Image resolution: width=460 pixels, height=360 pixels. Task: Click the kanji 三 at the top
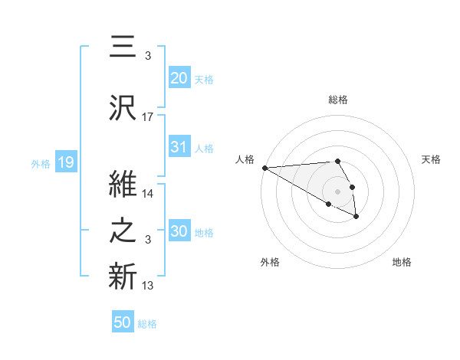coord(123,49)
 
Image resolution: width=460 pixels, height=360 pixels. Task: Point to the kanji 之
coord(123,231)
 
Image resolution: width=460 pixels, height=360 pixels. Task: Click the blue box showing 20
coord(179,77)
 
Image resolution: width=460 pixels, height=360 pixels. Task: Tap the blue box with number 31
coord(179,147)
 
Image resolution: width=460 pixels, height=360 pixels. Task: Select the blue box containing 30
coord(179,231)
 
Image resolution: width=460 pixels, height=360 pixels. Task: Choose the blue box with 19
coord(65,162)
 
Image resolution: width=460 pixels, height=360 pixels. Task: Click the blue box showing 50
coord(123,322)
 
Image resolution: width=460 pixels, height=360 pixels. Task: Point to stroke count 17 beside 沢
coord(148,117)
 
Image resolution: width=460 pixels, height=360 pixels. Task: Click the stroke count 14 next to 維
coord(148,194)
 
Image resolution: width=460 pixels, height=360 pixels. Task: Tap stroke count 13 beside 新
coord(148,286)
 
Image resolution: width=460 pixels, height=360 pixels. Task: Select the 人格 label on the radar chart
coord(245,159)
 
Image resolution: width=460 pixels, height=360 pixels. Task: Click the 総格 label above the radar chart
coord(338,100)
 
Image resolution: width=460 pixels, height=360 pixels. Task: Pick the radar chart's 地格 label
coord(402,262)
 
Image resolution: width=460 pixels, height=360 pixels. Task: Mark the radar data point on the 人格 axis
coord(264,168)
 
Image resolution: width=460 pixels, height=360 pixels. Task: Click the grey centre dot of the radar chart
coord(338,191)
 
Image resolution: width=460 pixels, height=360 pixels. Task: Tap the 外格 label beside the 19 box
coord(41,163)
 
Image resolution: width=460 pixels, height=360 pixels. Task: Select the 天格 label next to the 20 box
coord(204,79)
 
